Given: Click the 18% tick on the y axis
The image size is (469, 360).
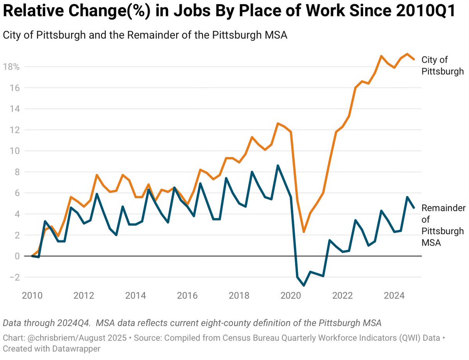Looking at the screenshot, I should coord(11,67).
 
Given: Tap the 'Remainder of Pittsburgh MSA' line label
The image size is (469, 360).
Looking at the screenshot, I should coord(443,225).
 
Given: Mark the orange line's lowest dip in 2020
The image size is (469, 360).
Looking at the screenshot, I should coord(304,232).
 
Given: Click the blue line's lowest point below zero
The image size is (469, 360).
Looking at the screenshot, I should coord(304,285).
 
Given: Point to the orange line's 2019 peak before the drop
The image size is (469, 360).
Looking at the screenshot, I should coord(278,123).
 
